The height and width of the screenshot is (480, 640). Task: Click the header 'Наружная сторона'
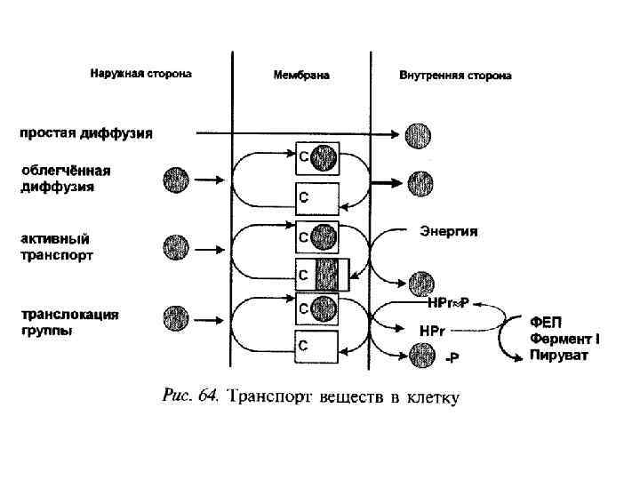[x=140, y=74]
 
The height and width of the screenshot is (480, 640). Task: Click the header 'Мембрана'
[x=301, y=76]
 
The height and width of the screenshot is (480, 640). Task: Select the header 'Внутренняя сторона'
[x=456, y=76]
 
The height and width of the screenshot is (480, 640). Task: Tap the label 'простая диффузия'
[x=87, y=134]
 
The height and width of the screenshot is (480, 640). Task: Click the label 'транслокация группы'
[x=69, y=322]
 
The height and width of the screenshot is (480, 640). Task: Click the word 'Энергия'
[x=449, y=231]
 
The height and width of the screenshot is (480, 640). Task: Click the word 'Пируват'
[x=557, y=356]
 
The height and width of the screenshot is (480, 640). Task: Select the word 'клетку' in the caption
[x=431, y=396]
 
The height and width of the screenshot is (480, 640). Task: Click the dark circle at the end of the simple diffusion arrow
[x=419, y=135]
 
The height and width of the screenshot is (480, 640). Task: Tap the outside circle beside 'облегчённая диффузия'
[x=176, y=180]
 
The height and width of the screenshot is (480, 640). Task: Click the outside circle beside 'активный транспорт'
[x=176, y=246]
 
